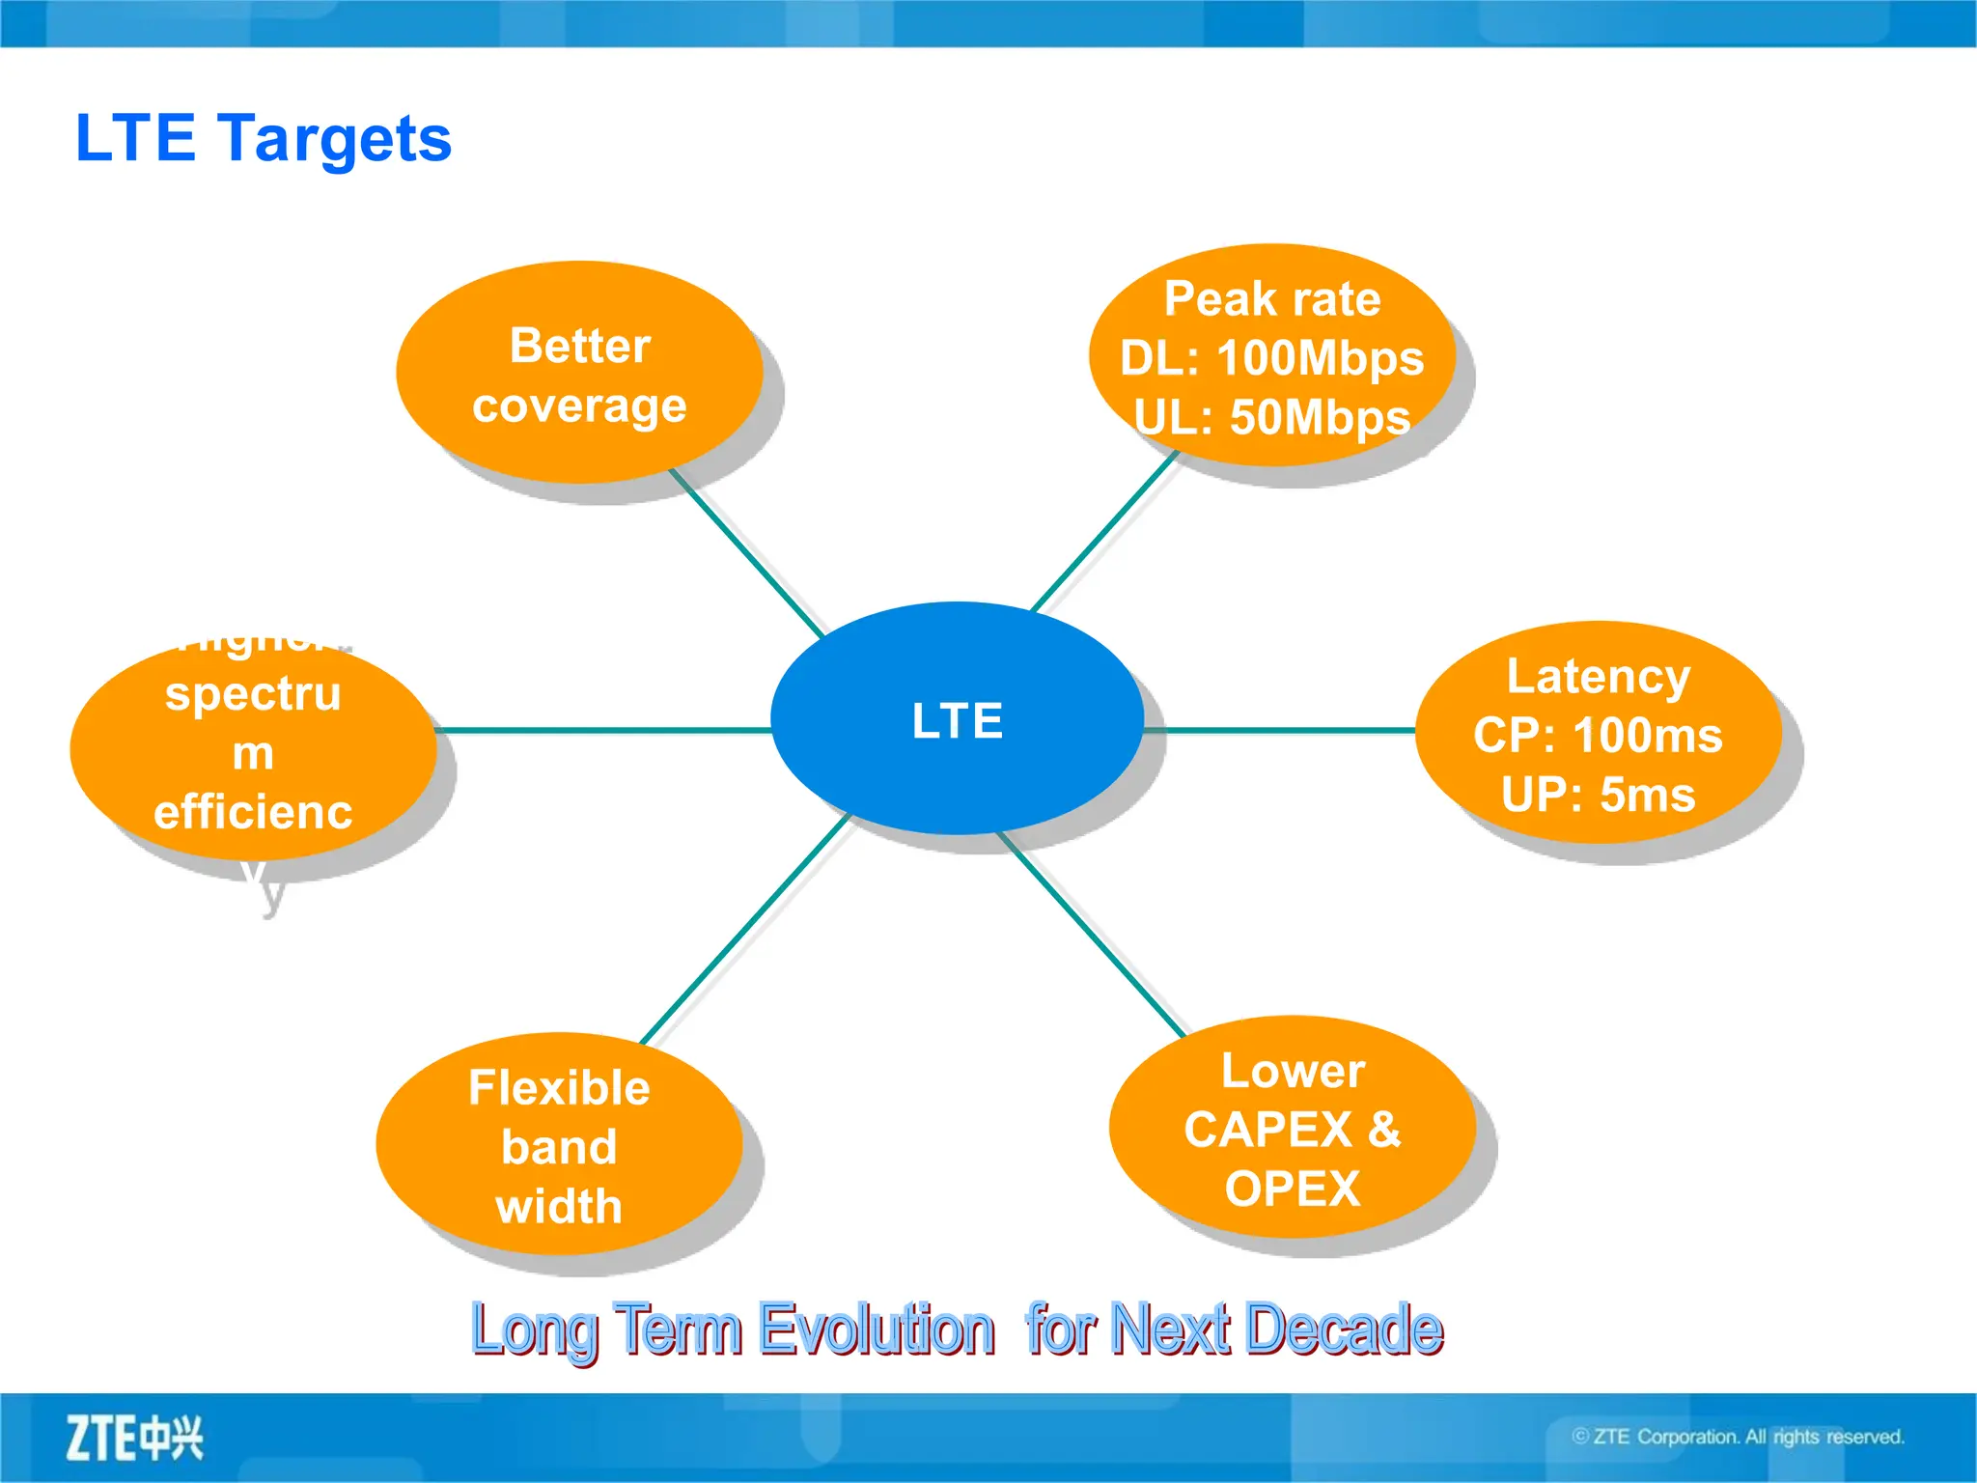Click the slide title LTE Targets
coord(263,138)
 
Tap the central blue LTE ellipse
coord(957,719)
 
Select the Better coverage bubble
coord(579,375)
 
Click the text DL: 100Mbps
coord(1271,359)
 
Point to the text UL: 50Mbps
coord(1271,418)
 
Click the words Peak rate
coord(1271,299)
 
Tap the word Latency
coord(1598,677)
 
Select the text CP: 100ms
coord(1598,736)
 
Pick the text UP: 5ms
coord(1598,796)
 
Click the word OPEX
coord(1292,1189)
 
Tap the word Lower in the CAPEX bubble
coord(1292,1071)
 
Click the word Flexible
coord(559,1088)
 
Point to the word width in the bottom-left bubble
coord(559,1207)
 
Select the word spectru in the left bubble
coord(253,694)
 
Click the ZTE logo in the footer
coord(134,1439)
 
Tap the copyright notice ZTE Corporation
coord(1738,1437)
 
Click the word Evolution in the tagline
coord(876,1329)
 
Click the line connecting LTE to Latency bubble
coord(1279,730)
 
